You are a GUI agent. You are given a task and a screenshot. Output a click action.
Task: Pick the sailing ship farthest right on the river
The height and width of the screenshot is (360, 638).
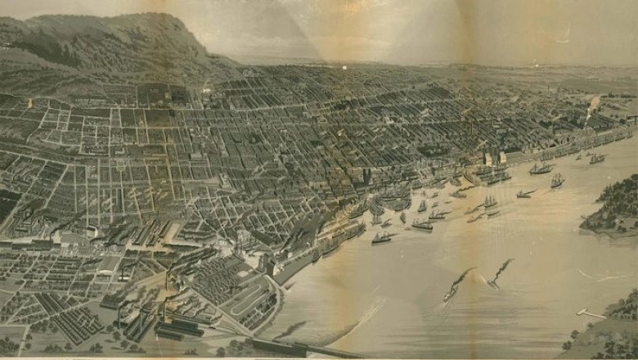(597, 158)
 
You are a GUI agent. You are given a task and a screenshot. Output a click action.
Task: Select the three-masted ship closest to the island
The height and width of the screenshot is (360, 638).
(557, 180)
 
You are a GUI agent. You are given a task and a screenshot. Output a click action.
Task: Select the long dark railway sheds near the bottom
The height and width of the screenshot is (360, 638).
(176, 327)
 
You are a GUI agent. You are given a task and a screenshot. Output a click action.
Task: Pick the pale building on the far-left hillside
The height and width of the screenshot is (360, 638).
(31, 103)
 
